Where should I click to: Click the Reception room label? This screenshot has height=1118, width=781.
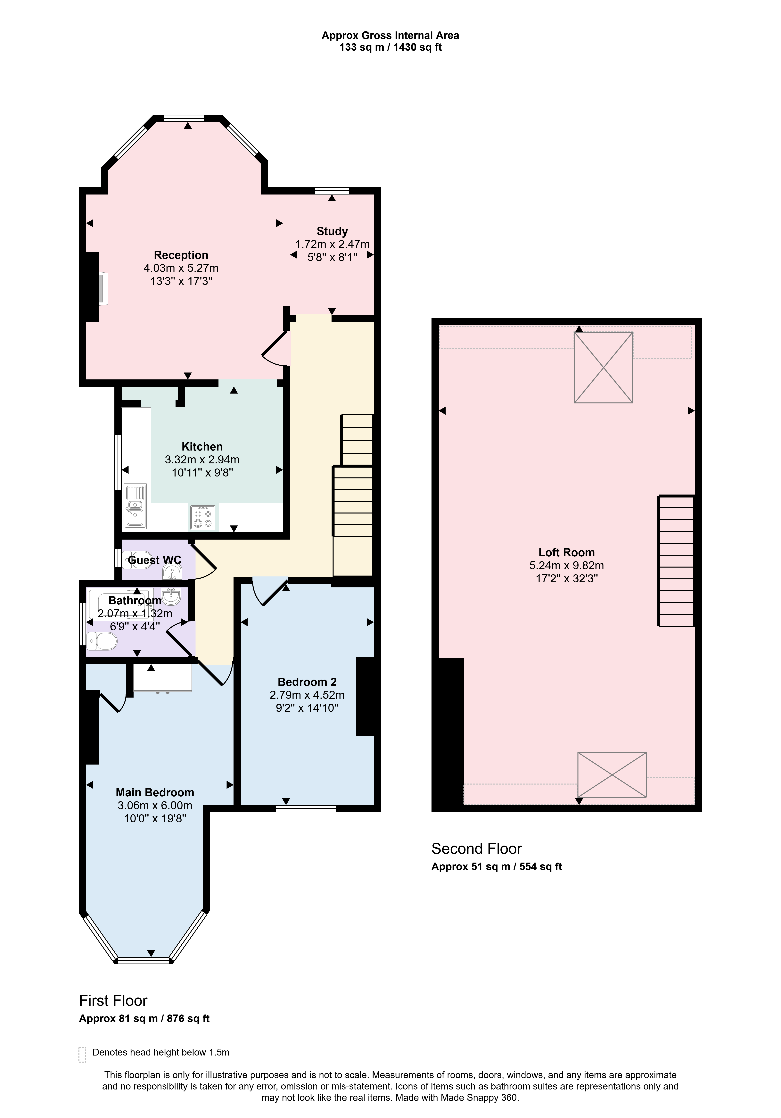181,255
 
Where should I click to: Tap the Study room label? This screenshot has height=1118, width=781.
332,231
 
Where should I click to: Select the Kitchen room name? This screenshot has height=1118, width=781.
202,447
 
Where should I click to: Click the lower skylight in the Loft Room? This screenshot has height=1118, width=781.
612,775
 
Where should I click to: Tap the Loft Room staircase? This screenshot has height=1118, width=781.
676,561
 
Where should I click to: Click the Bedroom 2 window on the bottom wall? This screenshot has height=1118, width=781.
306,809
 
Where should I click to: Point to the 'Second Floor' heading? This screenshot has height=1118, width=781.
477,849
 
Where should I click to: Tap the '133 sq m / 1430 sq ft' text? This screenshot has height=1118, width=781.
390,48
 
